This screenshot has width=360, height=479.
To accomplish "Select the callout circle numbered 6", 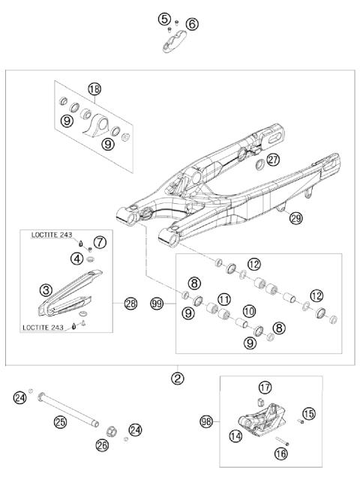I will (192, 25).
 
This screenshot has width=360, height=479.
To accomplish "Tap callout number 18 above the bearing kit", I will (94, 89).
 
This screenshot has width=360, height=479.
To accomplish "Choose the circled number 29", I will (295, 218).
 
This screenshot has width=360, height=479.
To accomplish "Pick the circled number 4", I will (76, 259).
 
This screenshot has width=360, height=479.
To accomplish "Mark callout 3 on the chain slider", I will (45, 289).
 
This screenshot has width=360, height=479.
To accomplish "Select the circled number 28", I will (131, 304).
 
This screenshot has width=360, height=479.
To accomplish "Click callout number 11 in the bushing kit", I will (223, 300).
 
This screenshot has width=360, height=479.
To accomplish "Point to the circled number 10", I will (248, 310).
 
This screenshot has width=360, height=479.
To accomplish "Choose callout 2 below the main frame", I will (177, 378).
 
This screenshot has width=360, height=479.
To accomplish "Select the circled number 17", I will (264, 388).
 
